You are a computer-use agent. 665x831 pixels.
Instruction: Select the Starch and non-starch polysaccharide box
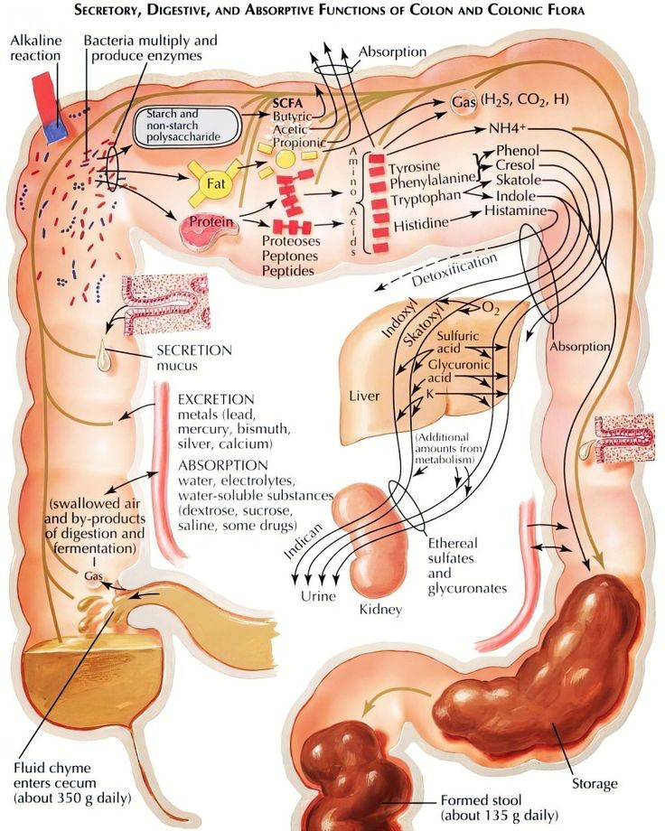pos(188,126)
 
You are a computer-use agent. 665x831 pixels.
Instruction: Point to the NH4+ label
pos(509,127)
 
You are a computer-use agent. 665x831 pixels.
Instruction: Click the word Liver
pos(365,396)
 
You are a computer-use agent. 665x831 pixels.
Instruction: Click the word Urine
pos(318,596)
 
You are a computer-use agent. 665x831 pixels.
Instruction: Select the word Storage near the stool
pos(595,783)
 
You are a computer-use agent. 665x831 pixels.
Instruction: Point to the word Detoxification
pos(454,271)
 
